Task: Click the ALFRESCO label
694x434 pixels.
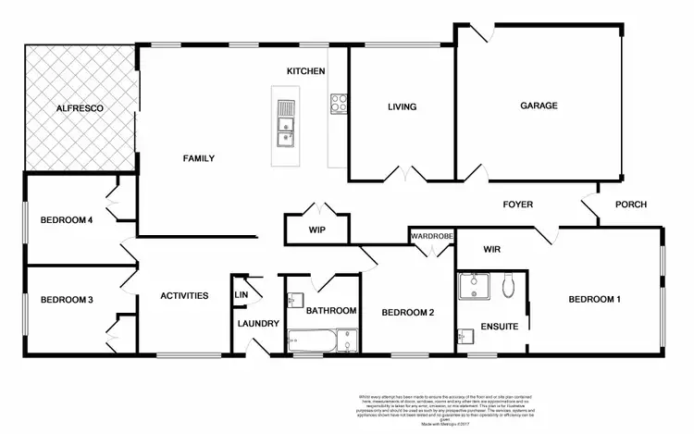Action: (x=78, y=109)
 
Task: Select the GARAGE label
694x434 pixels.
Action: (x=538, y=105)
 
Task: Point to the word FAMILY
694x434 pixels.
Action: (x=198, y=158)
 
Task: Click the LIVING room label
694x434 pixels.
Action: (x=402, y=106)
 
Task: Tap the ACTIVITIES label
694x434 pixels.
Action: (x=183, y=295)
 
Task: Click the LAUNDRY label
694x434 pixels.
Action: (x=258, y=323)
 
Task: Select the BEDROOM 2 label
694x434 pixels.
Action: (x=408, y=311)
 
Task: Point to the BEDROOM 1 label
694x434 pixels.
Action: (x=594, y=299)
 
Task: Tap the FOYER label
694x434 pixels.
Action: (x=517, y=205)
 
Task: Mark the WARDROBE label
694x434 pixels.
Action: (x=432, y=237)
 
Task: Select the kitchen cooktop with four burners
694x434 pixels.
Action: (x=338, y=104)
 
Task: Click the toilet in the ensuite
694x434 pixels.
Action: (x=510, y=286)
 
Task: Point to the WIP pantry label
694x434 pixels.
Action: (x=317, y=229)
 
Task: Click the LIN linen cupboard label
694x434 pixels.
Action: (x=242, y=295)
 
